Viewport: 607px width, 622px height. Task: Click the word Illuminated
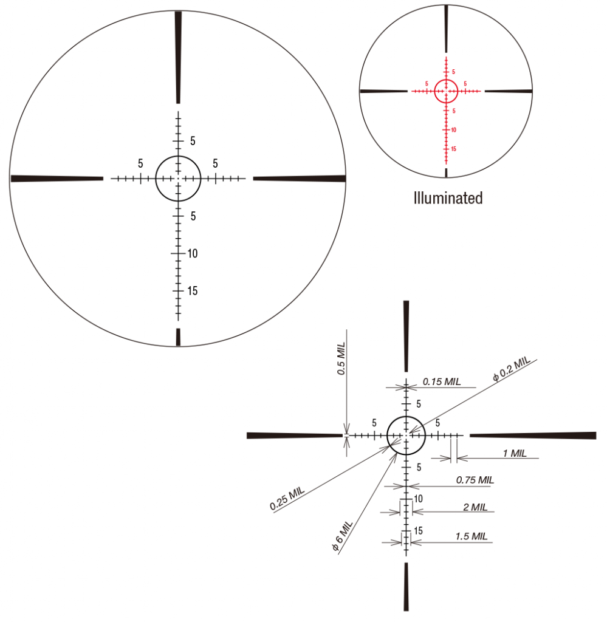[448, 198]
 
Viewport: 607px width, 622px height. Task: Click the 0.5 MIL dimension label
[341, 358]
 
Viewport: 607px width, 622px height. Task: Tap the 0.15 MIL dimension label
[442, 381]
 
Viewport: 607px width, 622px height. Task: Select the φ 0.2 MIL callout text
[512, 369]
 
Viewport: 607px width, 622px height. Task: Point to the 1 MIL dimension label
[515, 453]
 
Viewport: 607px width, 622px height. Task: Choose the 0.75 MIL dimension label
[475, 480]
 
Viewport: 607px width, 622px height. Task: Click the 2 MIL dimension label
[475, 507]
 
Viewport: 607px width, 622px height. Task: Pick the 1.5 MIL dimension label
[472, 536]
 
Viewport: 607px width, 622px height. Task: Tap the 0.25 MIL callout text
[287, 499]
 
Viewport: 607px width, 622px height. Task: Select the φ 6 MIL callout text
[342, 536]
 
